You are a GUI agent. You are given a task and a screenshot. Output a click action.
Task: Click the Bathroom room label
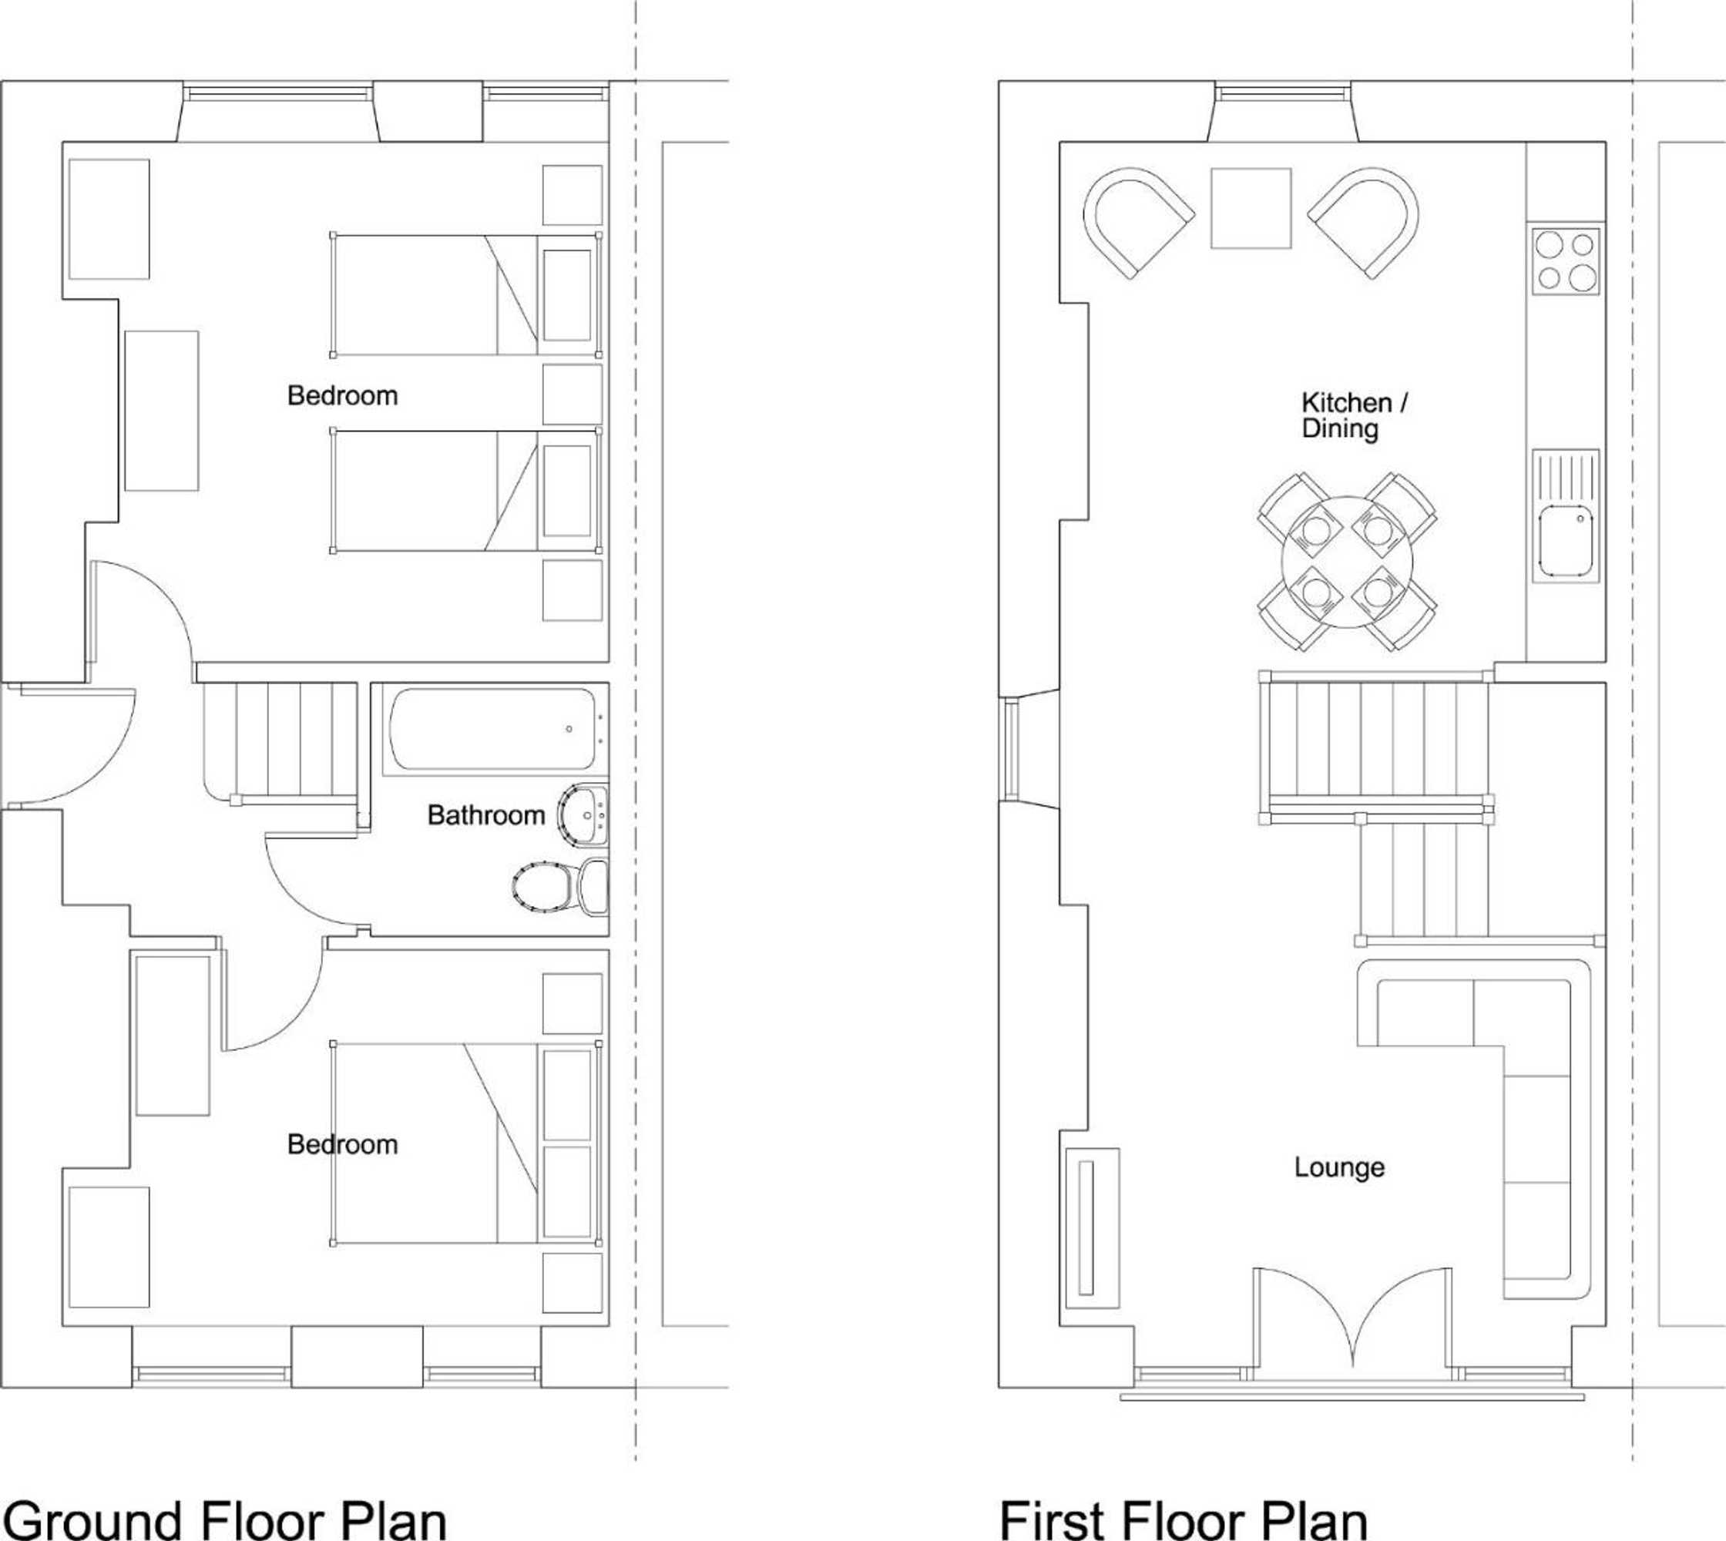coord(485,815)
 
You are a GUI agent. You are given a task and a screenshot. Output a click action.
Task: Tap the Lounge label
coord(1339,1167)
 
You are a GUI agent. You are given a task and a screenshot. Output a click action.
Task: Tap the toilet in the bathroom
coord(561,887)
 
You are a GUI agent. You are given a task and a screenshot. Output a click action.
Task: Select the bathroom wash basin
coord(583,814)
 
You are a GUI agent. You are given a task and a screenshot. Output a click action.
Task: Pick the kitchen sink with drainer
coord(1565,515)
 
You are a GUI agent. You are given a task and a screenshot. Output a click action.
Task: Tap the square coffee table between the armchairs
coord(1250,208)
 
